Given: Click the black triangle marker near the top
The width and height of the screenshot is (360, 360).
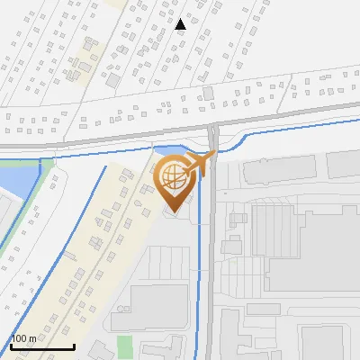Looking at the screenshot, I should click(x=180, y=24).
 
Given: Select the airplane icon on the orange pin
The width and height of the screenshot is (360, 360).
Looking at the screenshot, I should click(x=202, y=163).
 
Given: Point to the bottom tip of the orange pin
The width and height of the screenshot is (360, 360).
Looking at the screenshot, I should click(x=174, y=213).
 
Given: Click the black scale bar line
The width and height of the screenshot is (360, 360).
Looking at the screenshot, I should click(x=41, y=346).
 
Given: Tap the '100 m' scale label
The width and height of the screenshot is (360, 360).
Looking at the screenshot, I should click(x=24, y=338).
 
